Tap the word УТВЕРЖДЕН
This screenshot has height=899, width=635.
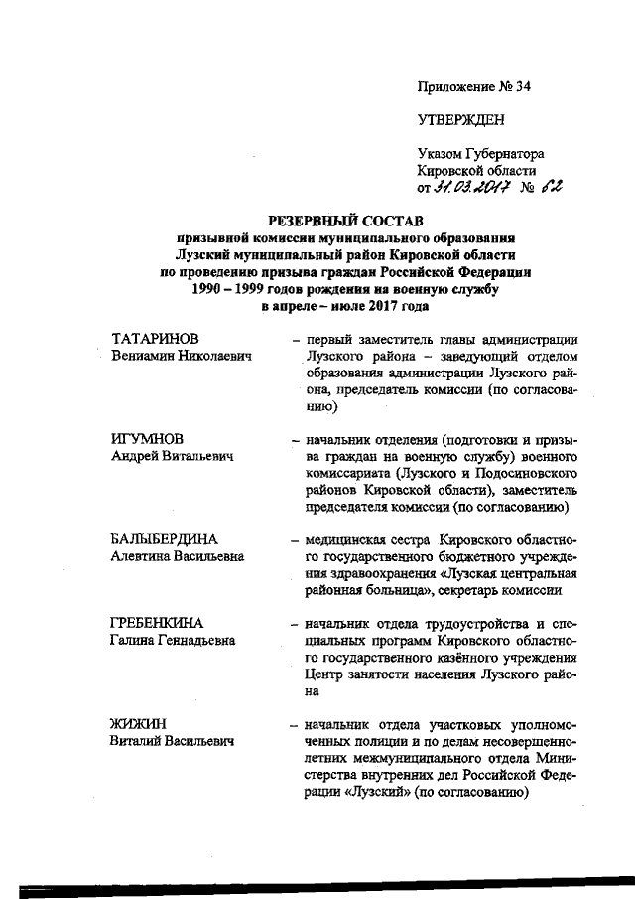[x=460, y=120]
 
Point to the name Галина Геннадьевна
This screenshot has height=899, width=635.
[x=172, y=640]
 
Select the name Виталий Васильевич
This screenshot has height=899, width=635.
[x=171, y=740]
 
